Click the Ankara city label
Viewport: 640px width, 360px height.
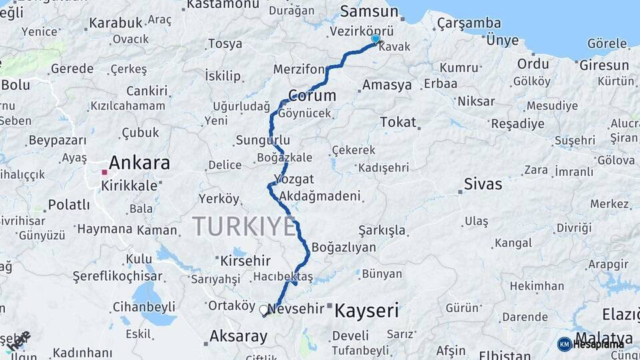tap(139, 163)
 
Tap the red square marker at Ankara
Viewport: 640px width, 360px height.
tap(104, 172)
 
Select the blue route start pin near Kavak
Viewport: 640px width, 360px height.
tap(375, 39)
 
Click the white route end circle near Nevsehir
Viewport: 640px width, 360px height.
tap(264, 309)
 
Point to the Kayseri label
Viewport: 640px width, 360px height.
tap(366, 310)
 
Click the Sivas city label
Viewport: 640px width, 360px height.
tap(483, 184)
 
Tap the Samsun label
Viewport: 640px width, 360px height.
tap(369, 11)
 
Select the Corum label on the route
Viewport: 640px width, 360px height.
tap(311, 95)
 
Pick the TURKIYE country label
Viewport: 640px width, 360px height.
tap(244, 227)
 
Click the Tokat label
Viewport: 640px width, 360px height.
tap(398, 122)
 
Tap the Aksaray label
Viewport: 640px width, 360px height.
tap(238, 336)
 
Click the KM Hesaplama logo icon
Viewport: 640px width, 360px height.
tap(564, 344)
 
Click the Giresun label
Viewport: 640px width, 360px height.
tap(604, 65)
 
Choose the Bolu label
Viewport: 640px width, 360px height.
tap(15, 85)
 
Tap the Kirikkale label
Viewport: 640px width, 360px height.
tap(129, 185)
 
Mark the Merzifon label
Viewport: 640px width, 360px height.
tap(299, 69)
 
